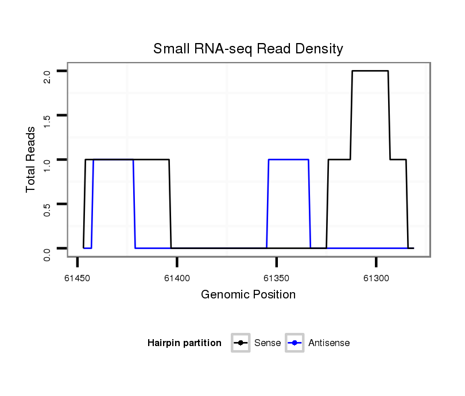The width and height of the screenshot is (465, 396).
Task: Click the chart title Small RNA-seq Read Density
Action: pyautogui.click(x=248, y=49)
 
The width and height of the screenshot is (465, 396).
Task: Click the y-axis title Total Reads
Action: pyautogui.click(x=31, y=160)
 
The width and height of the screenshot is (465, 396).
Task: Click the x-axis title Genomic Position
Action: pyautogui.click(x=248, y=295)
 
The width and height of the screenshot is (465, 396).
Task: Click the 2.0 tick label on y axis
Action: pyautogui.click(x=48, y=75)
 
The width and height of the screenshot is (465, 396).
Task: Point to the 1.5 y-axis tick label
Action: pyautogui.click(x=48, y=119)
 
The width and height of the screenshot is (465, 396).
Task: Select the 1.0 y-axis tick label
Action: pyautogui.click(x=48, y=164)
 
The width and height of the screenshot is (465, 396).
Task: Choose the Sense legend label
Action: pyautogui.click(x=268, y=343)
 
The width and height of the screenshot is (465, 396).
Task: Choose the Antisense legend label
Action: pyautogui.click(x=329, y=343)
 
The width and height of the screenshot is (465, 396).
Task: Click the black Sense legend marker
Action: pyautogui.click(x=241, y=343)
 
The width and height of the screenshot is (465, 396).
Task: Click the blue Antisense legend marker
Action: pyautogui.click(x=294, y=343)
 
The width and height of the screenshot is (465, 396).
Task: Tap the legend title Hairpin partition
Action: pyautogui.click(x=184, y=343)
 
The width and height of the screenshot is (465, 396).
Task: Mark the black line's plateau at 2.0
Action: pyautogui.click(x=370, y=71)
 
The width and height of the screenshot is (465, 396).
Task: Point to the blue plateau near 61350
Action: pyautogui.click(x=289, y=160)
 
